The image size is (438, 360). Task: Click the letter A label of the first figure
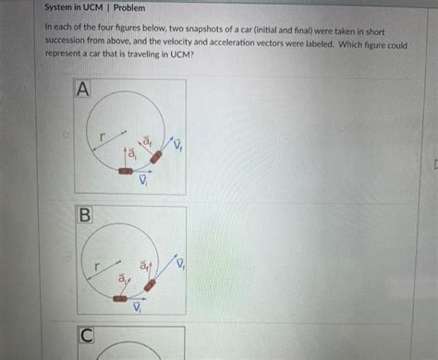(83, 90)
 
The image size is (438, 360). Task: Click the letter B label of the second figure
(85, 214)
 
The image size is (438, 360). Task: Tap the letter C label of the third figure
(86, 335)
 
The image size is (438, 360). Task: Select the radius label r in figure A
(102, 137)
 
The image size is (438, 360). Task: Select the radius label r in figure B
(97, 266)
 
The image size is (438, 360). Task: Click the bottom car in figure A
(126, 171)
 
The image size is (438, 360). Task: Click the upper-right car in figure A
(156, 157)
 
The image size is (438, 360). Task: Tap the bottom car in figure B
(120, 298)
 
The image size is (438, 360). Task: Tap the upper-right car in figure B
(150, 285)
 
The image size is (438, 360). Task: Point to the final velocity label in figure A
(178, 144)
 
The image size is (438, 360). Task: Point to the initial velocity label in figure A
(143, 180)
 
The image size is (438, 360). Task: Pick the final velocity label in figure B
(180, 262)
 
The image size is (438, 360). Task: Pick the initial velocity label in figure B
(137, 306)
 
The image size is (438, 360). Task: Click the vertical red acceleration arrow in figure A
(126, 158)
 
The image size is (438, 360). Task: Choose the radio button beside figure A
(66, 135)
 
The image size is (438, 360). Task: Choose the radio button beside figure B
(68, 258)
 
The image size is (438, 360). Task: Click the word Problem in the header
(129, 7)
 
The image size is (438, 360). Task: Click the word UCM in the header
(92, 7)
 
